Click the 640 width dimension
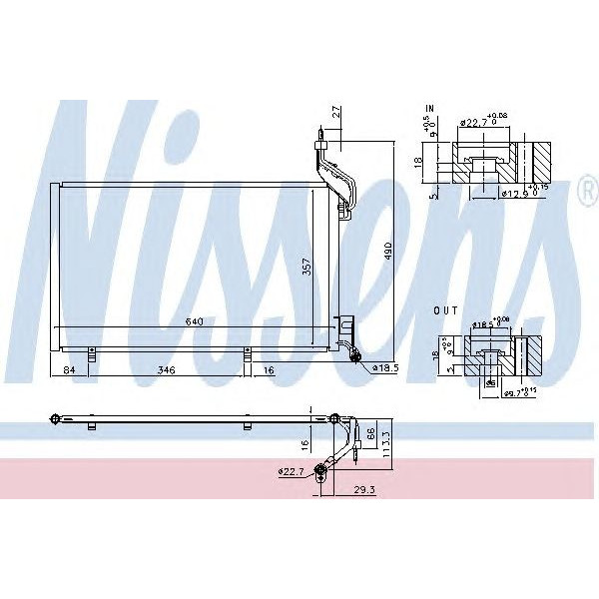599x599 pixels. [x=197, y=321]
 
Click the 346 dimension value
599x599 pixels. [x=167, y=370]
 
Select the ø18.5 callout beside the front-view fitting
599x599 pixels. [x=383, y=367]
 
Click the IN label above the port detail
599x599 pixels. [x=430, y=106]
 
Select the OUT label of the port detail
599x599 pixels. [x=446, y=310]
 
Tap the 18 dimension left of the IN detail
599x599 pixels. [x=420, y=160]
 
